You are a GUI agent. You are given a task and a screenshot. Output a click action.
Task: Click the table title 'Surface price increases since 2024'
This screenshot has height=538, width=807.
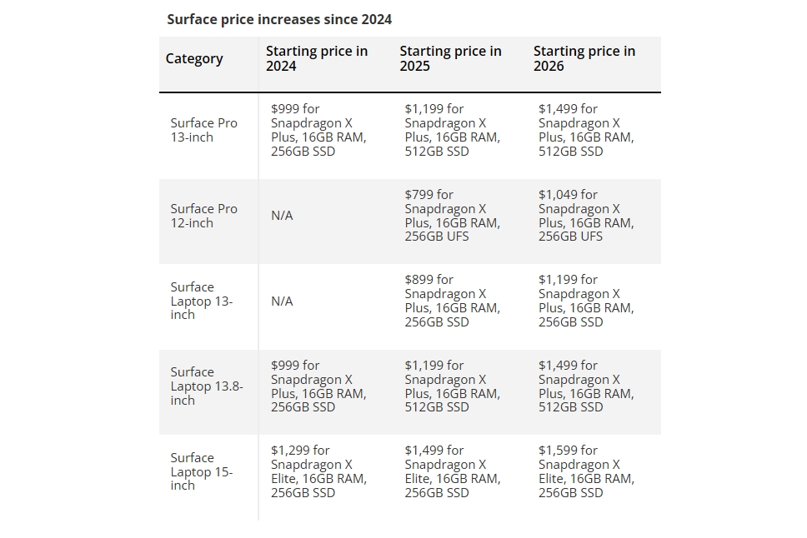[x=279, y=19]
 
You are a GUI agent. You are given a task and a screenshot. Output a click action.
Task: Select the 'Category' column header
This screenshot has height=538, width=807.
[x=194, y=58]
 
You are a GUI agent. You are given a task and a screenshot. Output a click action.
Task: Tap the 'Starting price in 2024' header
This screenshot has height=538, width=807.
[x=316, y=58]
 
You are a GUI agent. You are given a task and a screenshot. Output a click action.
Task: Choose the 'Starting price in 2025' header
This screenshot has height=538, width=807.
[x=450, y=58]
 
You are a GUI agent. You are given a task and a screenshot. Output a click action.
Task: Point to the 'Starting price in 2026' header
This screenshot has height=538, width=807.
[x=584, y=58]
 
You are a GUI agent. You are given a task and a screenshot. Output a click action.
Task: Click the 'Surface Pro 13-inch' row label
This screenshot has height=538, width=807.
[x=204, y=130]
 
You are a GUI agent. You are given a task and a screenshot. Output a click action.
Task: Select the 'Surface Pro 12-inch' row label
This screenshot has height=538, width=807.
[x=204, y=216]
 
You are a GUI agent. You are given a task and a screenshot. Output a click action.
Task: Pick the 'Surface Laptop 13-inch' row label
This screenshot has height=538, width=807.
[x=202, y=301]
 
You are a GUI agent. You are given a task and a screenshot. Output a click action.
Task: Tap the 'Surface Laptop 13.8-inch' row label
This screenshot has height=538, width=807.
[x=206, y=386]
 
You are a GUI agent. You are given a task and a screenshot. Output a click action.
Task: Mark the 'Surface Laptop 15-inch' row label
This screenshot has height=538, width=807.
[x=202, y=471]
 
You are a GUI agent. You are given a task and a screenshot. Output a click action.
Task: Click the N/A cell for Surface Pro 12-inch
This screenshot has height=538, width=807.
[x=282, y=216]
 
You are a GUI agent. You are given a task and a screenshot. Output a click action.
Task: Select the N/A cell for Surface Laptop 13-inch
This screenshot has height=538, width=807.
[x=282, y=301]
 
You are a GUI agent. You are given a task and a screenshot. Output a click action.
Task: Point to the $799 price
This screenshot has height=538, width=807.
[x=419, y=195]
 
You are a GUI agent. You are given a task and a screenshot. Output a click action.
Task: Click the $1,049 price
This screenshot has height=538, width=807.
[x=559, y=195]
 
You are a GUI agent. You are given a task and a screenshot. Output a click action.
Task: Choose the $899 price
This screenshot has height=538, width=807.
[x=419, y=280]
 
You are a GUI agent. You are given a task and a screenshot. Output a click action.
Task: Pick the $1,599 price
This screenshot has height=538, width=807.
[x=558, y=451]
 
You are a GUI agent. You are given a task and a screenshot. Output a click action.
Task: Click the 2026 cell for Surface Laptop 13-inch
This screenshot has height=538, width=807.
[x=585, y=301]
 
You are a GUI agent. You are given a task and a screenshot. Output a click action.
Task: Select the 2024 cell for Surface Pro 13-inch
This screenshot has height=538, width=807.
[x=318, y=130]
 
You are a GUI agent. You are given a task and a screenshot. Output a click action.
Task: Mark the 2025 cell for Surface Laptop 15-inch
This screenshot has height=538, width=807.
[x=452, y=471]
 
